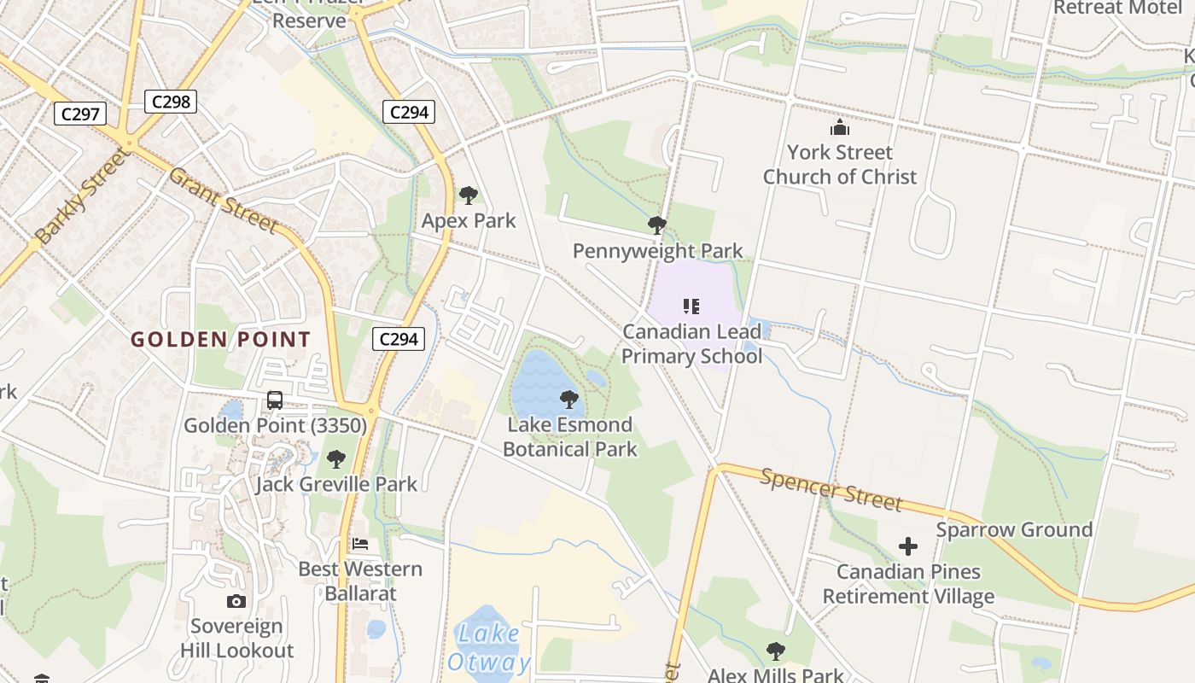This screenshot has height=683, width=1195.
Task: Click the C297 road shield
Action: coord(80,114)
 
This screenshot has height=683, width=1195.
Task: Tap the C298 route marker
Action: coord(171,102)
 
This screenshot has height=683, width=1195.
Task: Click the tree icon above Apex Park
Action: coord(468,196)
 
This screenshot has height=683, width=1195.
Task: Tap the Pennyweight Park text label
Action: coord(657,251)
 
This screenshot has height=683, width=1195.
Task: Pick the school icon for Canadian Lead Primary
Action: coord(691,306)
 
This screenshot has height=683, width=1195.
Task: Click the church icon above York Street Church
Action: coord(840,128)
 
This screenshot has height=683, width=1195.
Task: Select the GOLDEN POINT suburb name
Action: coord(220,339)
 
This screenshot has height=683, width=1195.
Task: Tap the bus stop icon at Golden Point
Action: coord(275,400)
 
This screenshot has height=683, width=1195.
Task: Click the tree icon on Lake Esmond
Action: coord(568,399)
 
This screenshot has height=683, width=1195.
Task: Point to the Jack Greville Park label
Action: coord(336,484)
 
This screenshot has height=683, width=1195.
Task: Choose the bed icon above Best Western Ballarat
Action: coord(360,544)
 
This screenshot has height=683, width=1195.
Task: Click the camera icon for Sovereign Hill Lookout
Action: coord(236,601)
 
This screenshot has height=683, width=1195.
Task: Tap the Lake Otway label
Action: coord(488,648)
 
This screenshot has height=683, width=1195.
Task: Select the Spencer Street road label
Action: coord(830,489)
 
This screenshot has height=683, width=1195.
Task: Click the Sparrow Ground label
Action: coord(1014,529)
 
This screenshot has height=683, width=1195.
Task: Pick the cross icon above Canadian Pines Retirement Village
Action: coord(908,546)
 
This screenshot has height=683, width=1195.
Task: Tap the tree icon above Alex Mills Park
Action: coord(775,651)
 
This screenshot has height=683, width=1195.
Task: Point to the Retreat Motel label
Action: coord(1117,8)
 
